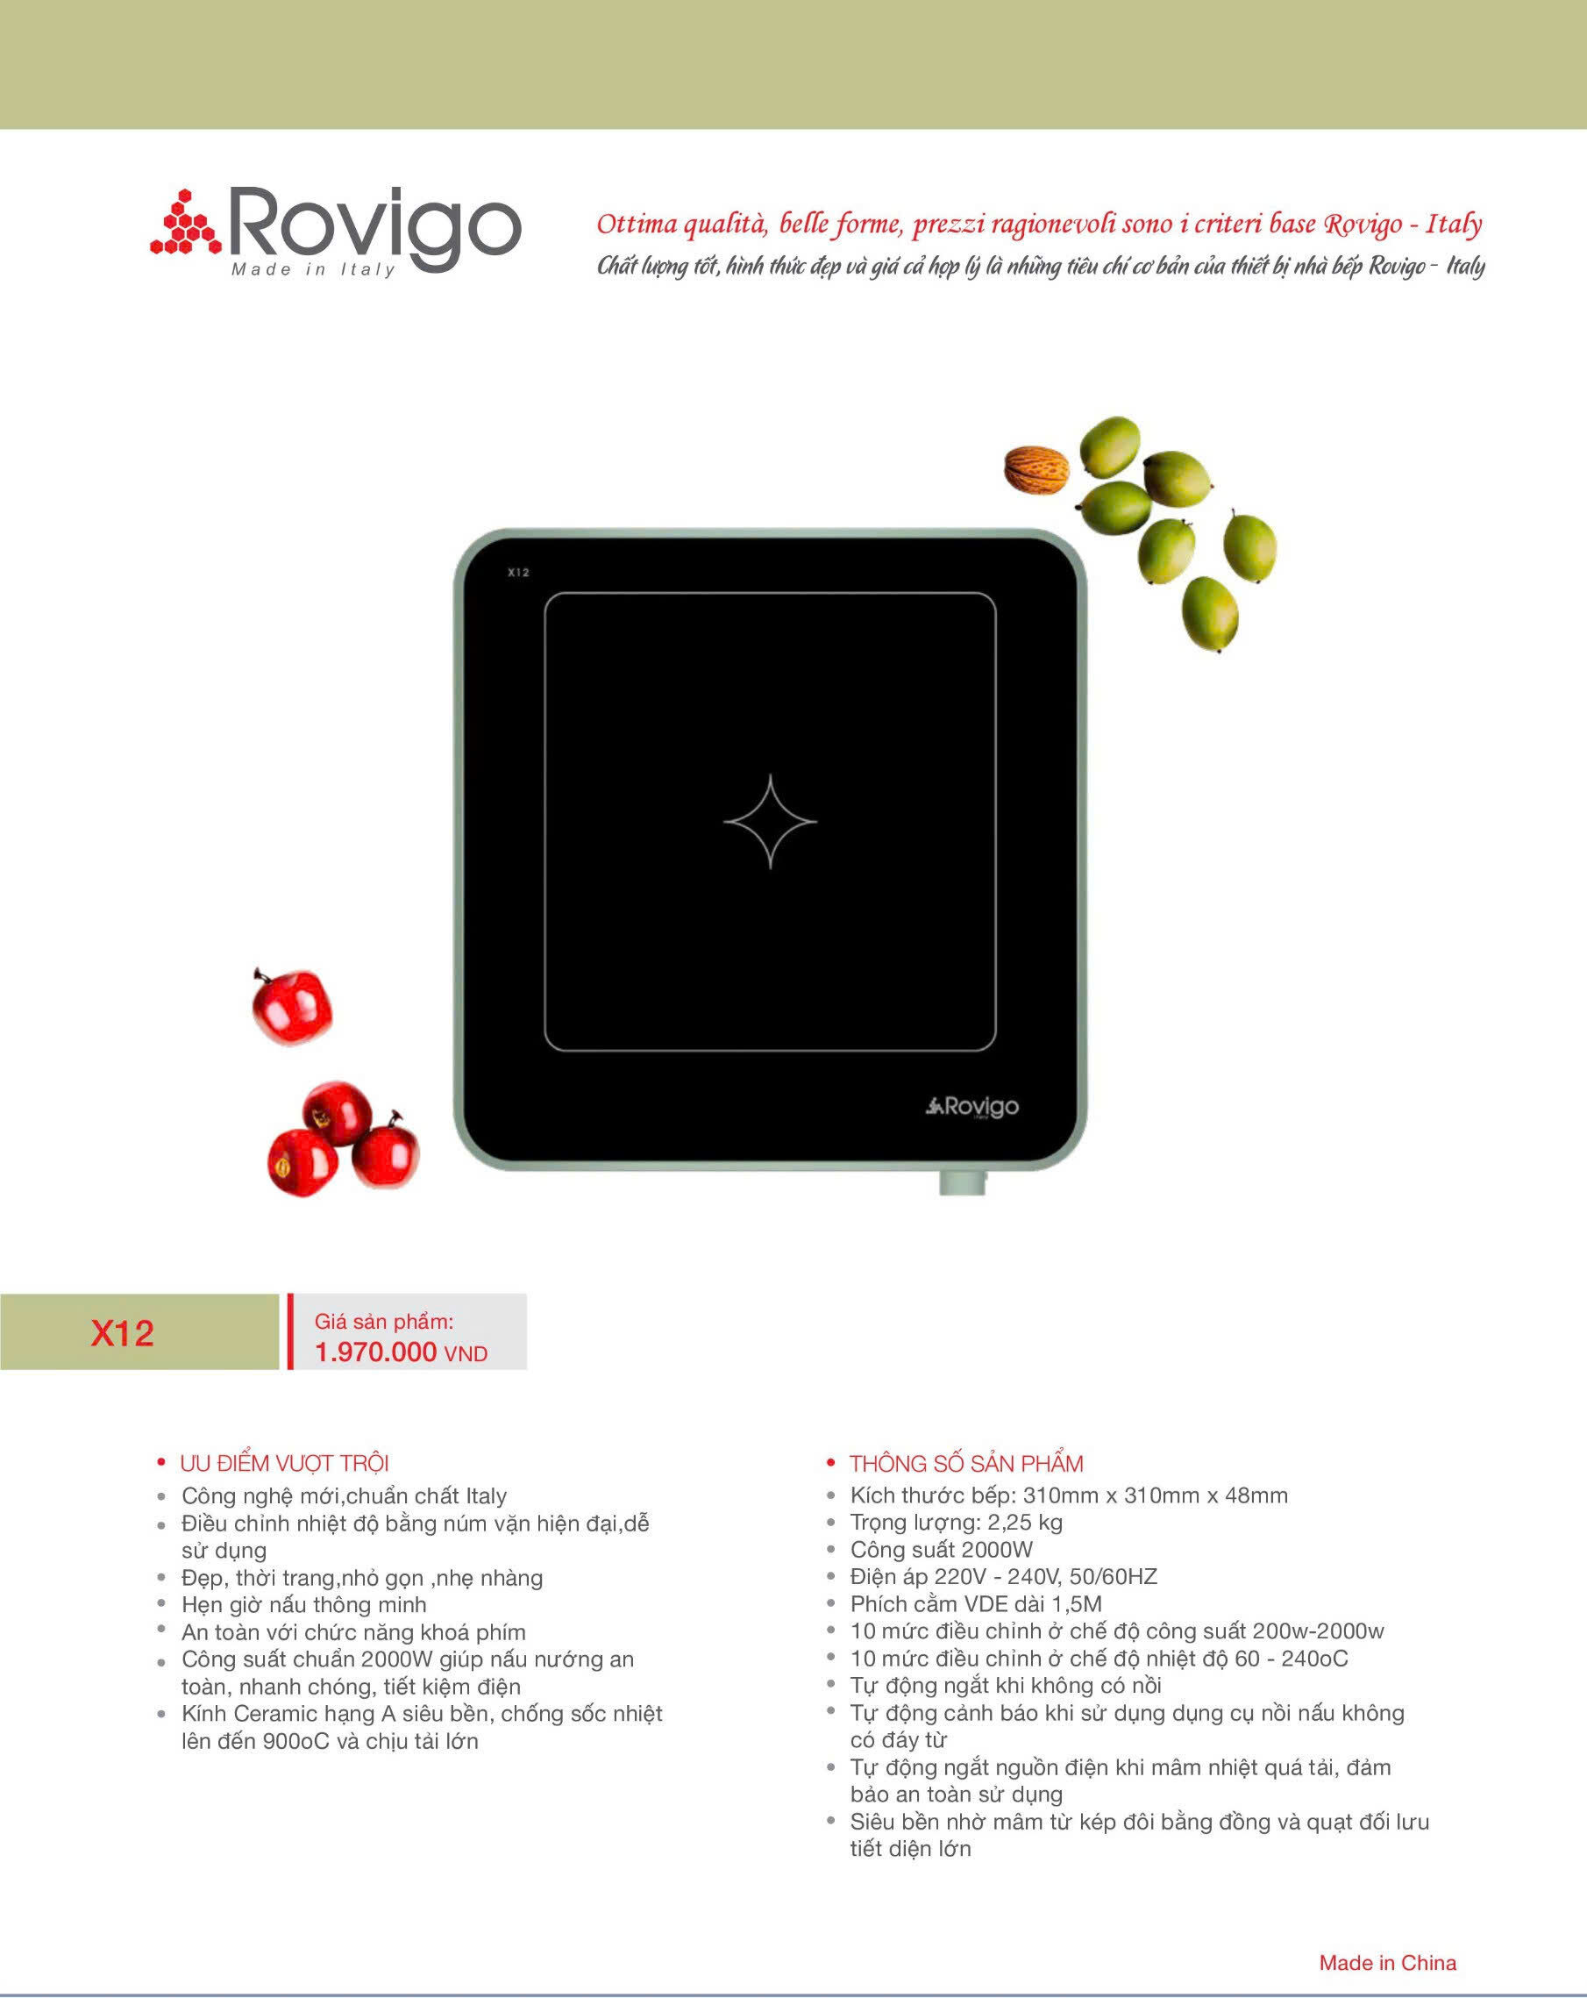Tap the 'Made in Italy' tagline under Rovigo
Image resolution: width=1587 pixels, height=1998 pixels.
tap(313, 269)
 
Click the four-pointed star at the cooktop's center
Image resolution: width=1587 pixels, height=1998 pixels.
tap(770, 821)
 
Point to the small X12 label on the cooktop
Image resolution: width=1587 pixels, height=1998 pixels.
tap(518, 573)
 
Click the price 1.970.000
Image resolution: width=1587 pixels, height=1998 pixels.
tap(375, 1352)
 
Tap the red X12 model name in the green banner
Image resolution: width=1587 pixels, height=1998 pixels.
tap(122, 1332)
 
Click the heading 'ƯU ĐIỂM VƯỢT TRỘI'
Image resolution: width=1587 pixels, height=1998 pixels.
tap(284, 1463)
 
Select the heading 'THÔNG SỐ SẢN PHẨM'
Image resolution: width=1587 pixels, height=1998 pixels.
tap(966, 1463)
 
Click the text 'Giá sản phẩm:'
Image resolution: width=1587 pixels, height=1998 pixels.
tap(384, 1323)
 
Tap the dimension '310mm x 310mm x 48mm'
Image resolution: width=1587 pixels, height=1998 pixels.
tap(1156, 1495)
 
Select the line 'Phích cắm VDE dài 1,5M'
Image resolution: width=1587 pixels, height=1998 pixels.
tap(977, 1603)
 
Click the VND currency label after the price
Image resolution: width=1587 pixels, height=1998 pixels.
tap(466, 1354)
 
